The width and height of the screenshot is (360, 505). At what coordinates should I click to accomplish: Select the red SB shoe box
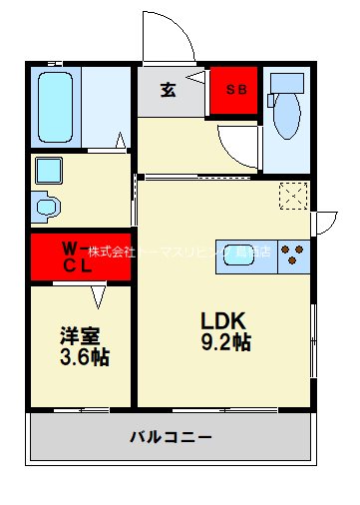point(234,92)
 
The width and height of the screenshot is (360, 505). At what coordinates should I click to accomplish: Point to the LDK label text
point(224,321)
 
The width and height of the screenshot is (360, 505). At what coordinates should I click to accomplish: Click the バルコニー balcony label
point(171,436)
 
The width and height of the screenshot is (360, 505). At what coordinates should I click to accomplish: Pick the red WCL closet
point(80,257)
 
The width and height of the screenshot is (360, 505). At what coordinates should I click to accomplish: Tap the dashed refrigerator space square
point(293,196)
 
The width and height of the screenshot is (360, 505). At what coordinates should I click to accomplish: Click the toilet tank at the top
point(287,83)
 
